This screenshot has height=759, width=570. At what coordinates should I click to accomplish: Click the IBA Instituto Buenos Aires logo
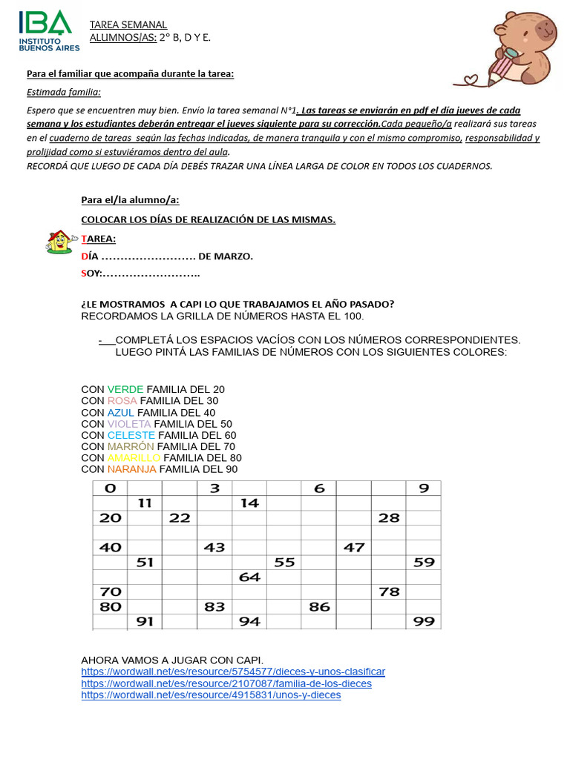point(46,30)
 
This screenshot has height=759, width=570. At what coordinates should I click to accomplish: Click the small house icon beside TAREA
point(59,241)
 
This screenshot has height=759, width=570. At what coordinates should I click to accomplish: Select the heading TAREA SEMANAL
point(128,25)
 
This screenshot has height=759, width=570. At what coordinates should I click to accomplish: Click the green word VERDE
point(125,389)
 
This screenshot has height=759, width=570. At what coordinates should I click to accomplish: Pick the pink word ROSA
point(122,401)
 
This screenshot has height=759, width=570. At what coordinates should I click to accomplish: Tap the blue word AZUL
point(120,412)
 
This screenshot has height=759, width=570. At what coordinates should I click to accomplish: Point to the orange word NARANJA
point(131,469)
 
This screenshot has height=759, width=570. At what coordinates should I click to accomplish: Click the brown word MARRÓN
point(131,446)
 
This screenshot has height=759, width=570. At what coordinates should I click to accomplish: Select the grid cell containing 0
point(111,488)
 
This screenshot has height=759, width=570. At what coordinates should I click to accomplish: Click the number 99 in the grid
point(424,622)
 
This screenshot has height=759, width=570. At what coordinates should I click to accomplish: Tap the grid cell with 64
point(249,577)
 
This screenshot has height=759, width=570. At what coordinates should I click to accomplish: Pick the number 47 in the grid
point(354,548)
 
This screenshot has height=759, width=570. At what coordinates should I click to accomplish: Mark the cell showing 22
point(180,518)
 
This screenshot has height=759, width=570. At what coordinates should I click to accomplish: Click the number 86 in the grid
point(319,607)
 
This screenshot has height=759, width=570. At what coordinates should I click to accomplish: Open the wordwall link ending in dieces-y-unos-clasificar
point(233,672)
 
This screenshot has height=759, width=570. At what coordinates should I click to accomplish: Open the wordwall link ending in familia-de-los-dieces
point(226,683)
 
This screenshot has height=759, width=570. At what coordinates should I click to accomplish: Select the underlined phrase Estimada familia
point(64,92)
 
